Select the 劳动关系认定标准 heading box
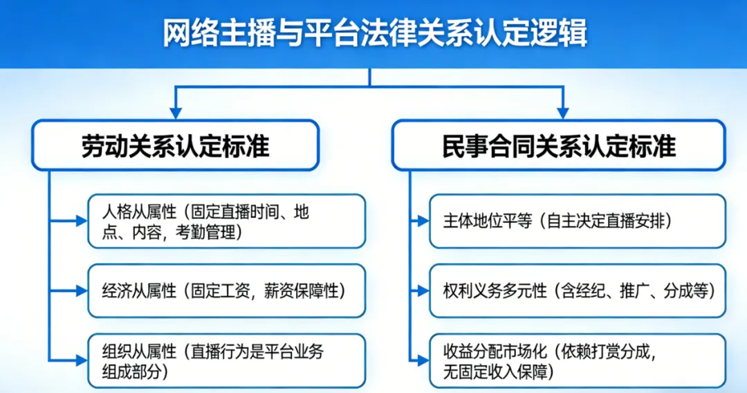click(176, 145)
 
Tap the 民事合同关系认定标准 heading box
click(559, 145)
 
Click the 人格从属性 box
click(226, 221)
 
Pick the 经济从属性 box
click(226, 291)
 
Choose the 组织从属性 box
click(226, 360)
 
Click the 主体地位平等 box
click(577, 221)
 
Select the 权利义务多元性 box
click(577, 291)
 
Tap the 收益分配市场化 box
click(577, 360)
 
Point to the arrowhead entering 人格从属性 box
click(81, 221)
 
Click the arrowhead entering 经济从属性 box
click(81, 291)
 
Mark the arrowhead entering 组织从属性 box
click(81, 360)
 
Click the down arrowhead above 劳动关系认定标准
click(176, 111)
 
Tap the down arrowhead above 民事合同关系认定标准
click(562, 111)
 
